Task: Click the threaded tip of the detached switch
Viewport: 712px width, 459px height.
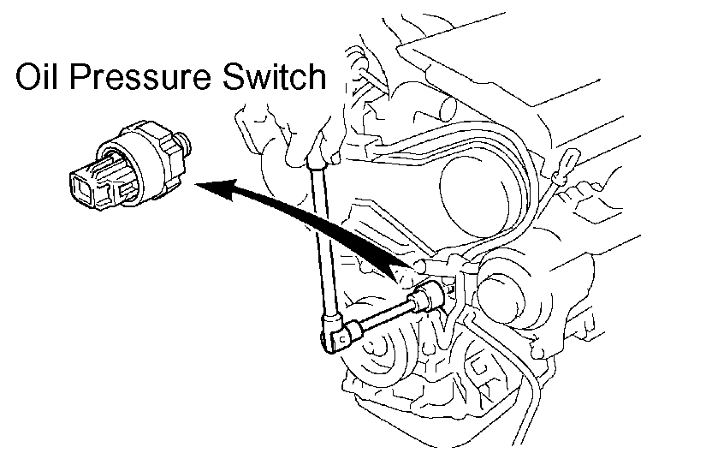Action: coord(185,137)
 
